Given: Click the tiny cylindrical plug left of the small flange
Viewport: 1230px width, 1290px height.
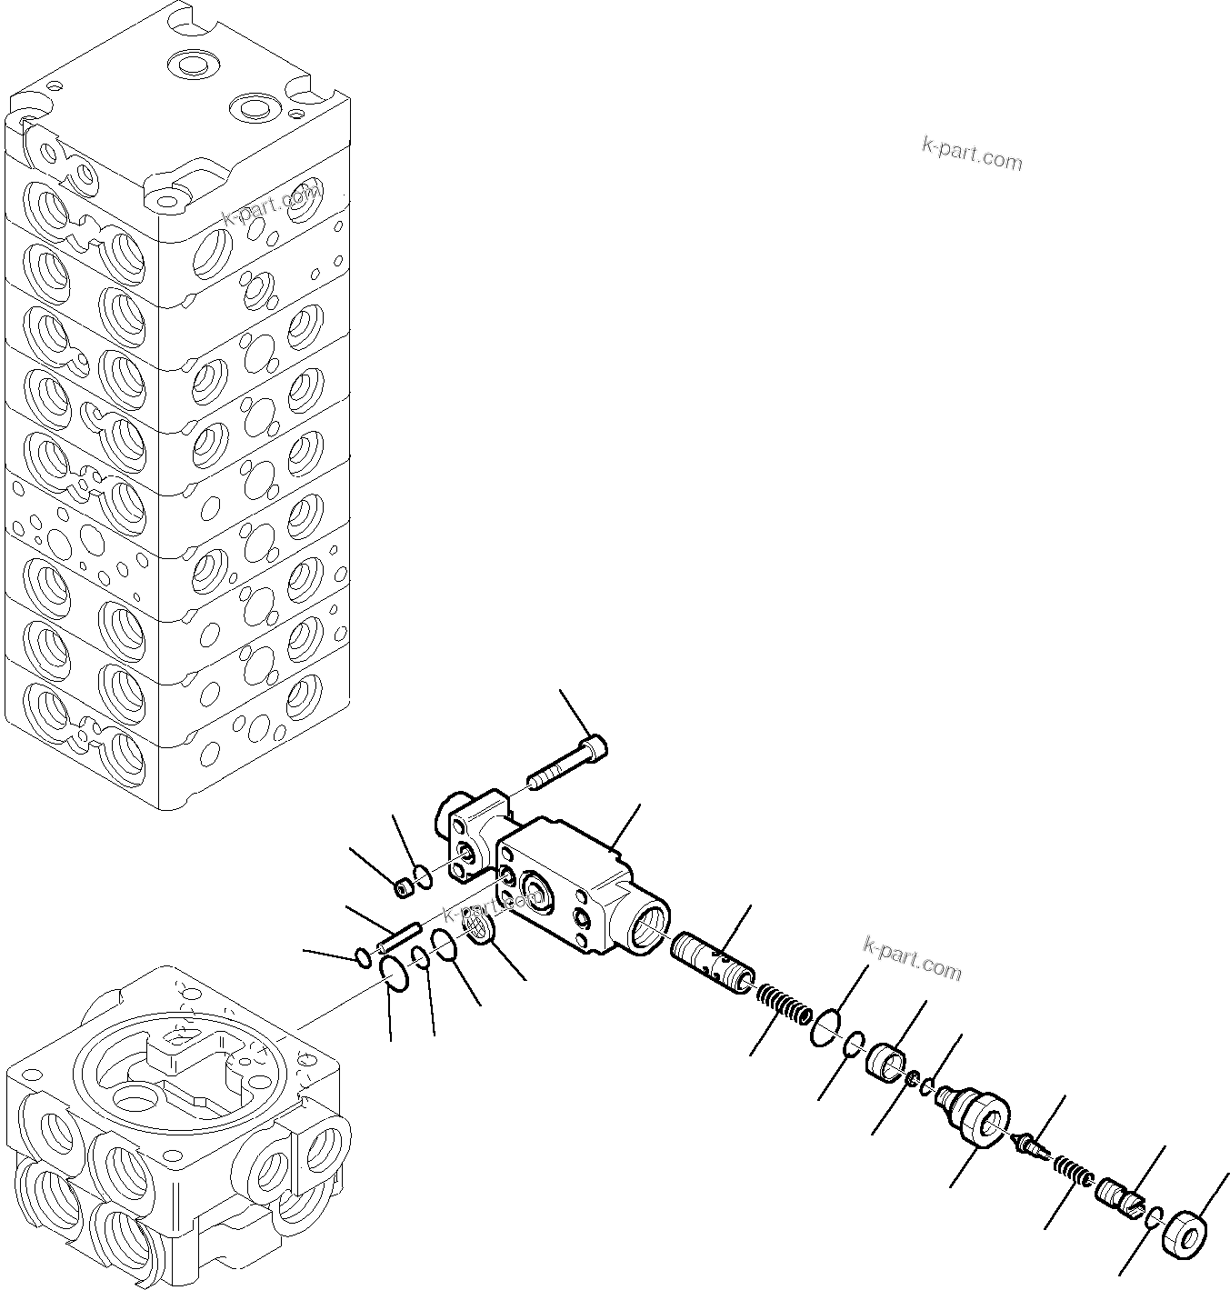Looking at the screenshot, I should click(403, 887).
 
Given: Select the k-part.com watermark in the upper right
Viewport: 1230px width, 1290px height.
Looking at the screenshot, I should click(972, 154).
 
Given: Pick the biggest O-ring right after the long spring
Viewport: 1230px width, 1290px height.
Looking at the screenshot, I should click(824, 1027).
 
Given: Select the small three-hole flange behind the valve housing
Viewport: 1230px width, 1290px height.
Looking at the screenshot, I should click(473, 833).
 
